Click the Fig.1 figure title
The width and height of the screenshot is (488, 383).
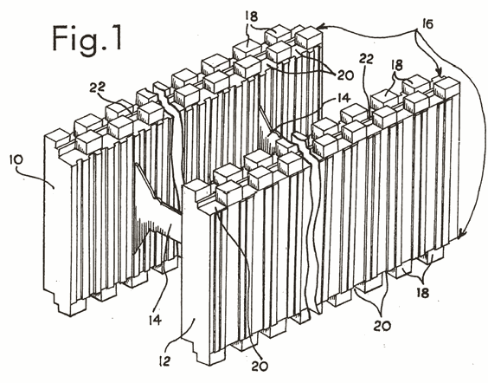pos(87,40)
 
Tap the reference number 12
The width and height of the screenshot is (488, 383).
pos(164,361)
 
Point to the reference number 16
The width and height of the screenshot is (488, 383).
pos(428,23)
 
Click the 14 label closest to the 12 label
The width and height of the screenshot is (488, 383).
pos(155,320)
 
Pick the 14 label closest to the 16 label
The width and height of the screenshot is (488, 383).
pos(342,98)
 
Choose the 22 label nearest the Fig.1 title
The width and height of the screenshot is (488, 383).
pos(98,88)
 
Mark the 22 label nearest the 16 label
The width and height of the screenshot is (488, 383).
pos(366,59)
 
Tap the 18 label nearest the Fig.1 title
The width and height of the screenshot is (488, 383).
pos(251,16)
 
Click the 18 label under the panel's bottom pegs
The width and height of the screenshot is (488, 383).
pos(422,293)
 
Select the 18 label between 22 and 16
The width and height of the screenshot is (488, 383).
pos(397,65)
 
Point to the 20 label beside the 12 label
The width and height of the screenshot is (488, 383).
pos(260,367)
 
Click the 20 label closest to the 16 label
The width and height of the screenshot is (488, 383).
pos(345,75)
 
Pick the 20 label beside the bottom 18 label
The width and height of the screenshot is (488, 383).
pos(382,326)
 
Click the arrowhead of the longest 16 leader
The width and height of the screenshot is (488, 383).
pos(462,233)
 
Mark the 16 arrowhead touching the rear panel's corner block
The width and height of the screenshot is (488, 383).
pos(321,28)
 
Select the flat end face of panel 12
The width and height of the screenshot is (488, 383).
pos(196,271)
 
